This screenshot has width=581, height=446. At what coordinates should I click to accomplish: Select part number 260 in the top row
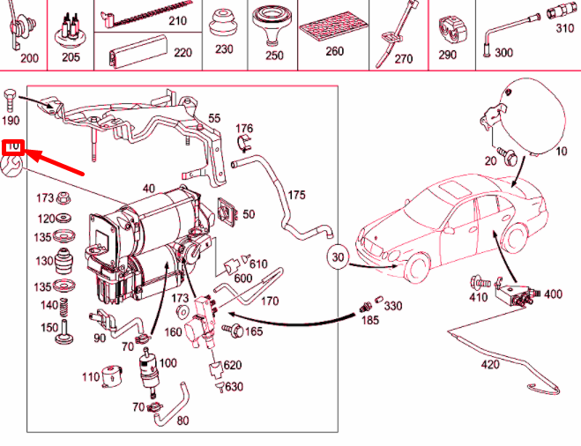(x=334, y=51)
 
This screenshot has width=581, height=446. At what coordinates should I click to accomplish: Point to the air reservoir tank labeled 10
(x=529, y=115)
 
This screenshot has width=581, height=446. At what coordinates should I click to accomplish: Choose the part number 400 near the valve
(x=552, y=294)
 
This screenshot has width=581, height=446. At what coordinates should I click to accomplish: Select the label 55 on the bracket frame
(x=214, y=117)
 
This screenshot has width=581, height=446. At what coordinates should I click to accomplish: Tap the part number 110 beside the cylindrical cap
(x=91, y=377)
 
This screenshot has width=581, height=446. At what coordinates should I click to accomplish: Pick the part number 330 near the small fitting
(x=392, y=306)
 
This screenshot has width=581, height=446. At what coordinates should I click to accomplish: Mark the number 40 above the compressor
(x=148, y=188)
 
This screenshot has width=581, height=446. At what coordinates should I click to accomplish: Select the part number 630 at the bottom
(x=235, y=387)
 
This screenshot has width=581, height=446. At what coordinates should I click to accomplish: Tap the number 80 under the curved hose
(x=182, y=420)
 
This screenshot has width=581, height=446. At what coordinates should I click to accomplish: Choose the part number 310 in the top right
(x=564, y=29)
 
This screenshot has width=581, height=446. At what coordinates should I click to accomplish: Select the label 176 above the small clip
(x=244, y=128)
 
